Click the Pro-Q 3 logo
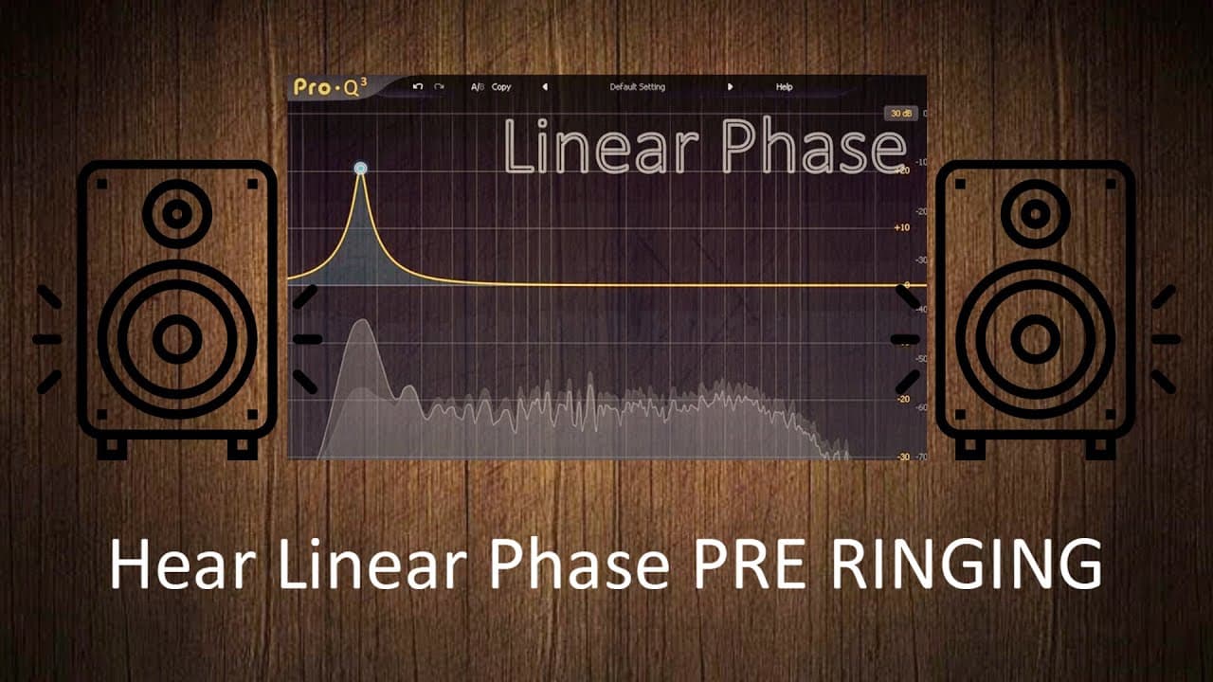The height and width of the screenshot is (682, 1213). tap(326, 87)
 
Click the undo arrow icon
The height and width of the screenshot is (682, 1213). tap(418, 87)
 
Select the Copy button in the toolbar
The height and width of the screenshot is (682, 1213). tap(501, 87)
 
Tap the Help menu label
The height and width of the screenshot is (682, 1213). tap(784, 87)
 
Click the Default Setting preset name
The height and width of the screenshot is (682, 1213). tap(637, 87)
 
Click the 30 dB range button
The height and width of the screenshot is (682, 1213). tap(899, 114)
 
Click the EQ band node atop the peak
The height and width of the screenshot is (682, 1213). tap(360, 169)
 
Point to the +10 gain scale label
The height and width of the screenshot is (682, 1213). tap(901, 227)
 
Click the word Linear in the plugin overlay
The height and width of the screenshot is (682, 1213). tap(601, 147)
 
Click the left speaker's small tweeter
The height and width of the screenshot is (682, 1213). tap(177, 214)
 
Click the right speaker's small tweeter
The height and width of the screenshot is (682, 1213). tap(1035, 214)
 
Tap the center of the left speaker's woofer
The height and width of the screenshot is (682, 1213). tap(177, 339)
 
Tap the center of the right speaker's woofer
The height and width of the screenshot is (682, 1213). tap(1035, 339)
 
